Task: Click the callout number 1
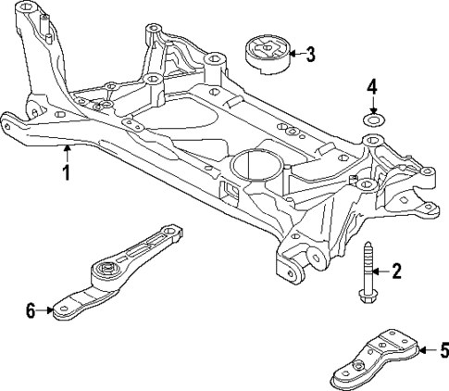click(x=66, y=172)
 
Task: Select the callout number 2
click(x=396, y=271)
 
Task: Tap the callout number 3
click(x=310, y=54)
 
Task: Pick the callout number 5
click(x=443, y=350)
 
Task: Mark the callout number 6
click(x=31, y=310)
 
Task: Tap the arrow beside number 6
click(x=46, y=310)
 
